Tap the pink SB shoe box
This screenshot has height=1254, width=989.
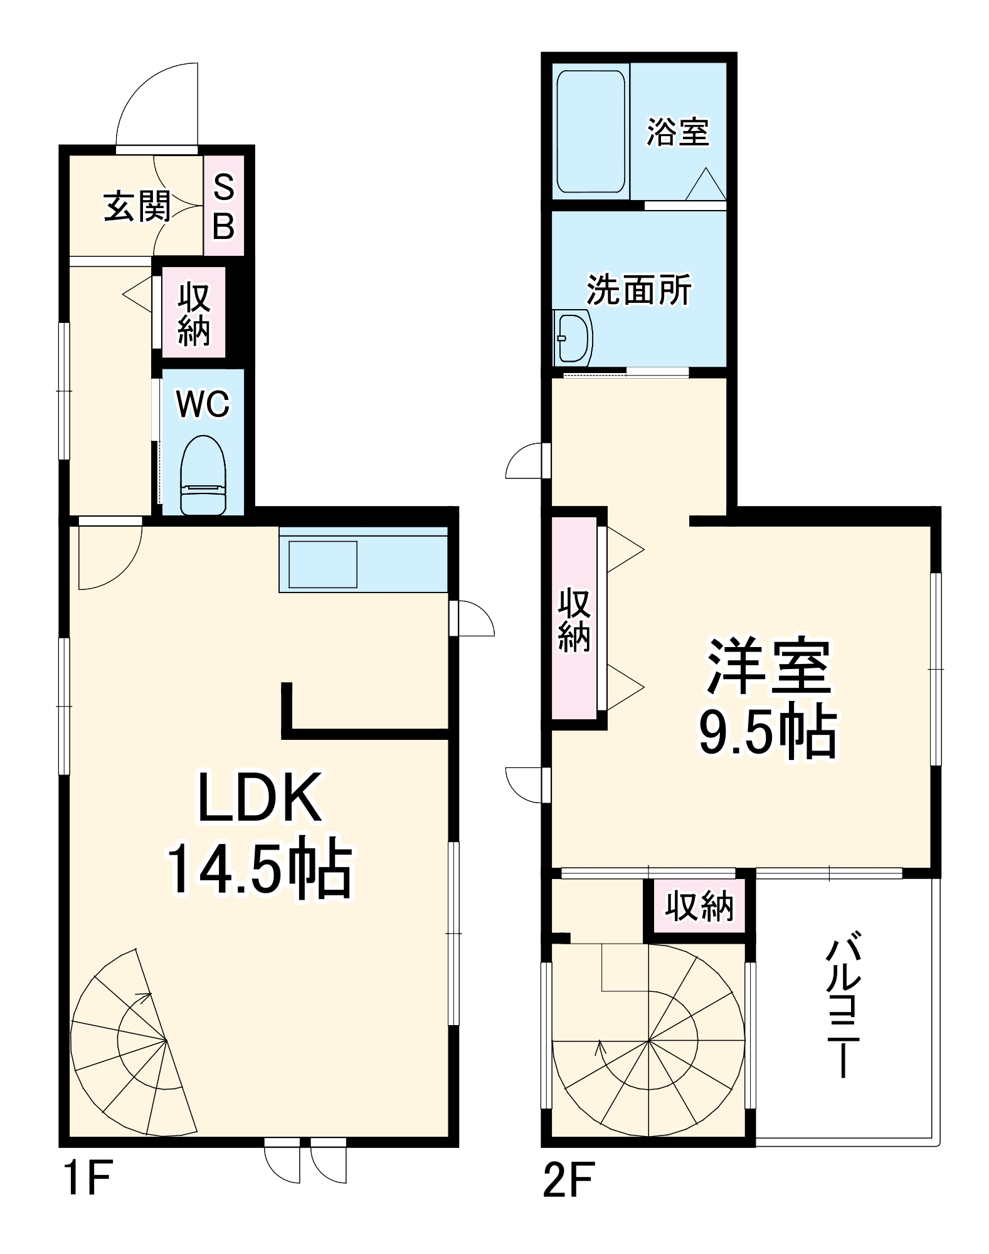tap(224, 206)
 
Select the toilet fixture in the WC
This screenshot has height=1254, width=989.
tap(203, 475)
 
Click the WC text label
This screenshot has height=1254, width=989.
tap(203, 404)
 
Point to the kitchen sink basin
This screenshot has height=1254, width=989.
tap(322, 564)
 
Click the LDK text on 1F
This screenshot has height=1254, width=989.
tap(260, 798)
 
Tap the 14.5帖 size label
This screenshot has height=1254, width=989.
tap(260, 868)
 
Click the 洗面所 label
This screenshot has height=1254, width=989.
tap(639, 290)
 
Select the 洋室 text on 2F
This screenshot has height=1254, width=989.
tap(769, 667)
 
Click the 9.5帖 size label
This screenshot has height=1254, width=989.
tap(769, 732)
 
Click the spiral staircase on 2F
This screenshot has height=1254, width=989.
tap(649, 1044)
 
